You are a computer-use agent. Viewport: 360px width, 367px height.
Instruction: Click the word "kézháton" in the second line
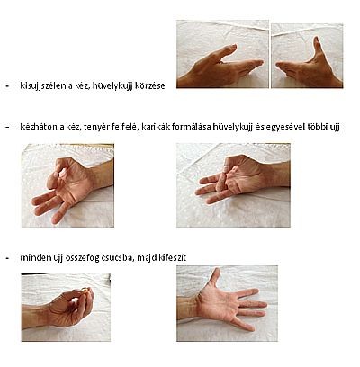tap(39, 127)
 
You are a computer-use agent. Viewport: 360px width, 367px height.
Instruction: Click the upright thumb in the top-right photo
tap(318, 48)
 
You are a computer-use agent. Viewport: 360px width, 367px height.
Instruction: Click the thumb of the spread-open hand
tap(214, 277)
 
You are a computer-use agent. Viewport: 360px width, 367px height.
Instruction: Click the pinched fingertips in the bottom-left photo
tap(86, 291)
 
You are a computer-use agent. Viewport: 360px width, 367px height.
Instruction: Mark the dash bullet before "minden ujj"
tap(8, 258)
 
